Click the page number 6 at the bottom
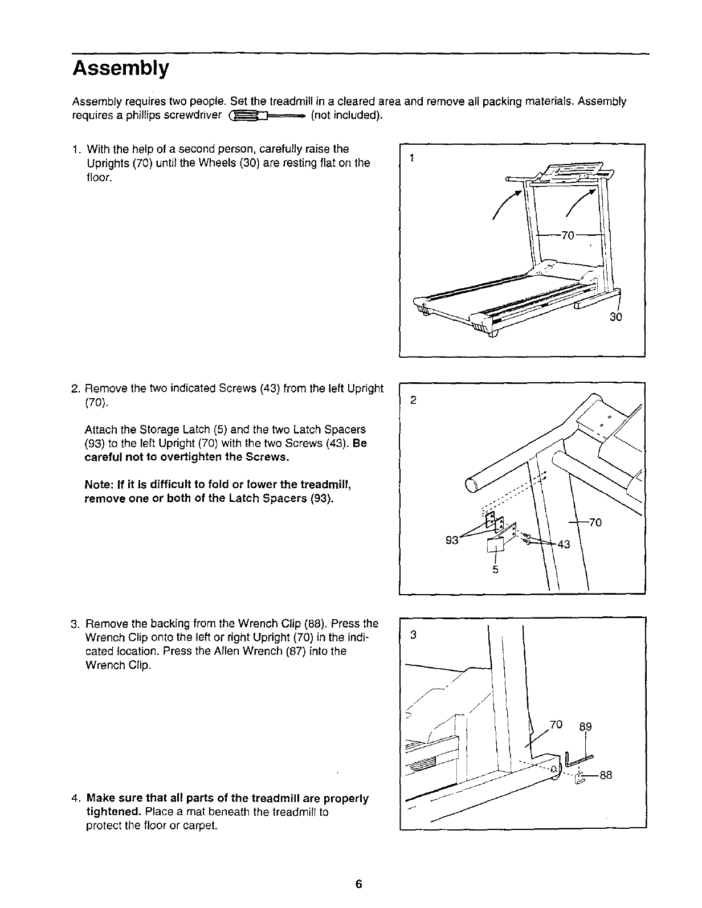(358, 884)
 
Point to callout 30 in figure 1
(615, 317)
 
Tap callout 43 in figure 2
(564, 544)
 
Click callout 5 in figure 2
(496, 569)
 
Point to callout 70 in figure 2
(595, 522)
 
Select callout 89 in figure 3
(585, 726)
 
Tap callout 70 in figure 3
(556, 725)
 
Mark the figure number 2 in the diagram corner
(414, 400)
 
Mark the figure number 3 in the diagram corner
(414, 635)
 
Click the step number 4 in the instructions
(76, 799)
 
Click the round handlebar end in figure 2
(472, 485)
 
